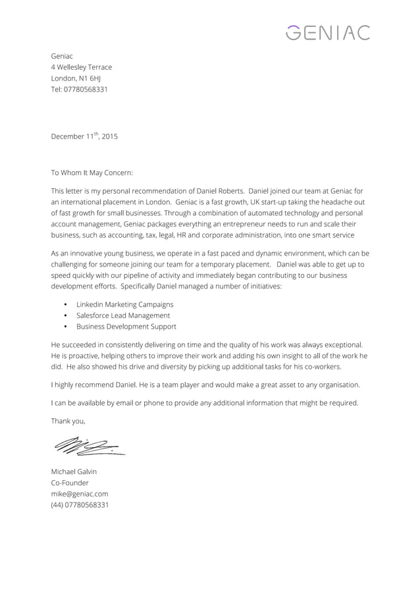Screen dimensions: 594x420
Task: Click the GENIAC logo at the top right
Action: pyautogui.click(x=329, y=32)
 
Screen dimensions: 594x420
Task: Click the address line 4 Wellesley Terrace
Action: pyautogui.click(x=82, y=67)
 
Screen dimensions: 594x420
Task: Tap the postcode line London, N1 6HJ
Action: pyautogui.click(x=76, y=78)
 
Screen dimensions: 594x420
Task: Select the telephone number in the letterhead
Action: pyautogui.click(x=79, y=90)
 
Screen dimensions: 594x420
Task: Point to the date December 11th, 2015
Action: pyautogui.click(x=84, y=137)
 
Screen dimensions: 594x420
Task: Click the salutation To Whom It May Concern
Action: pyautogui.click(x=92, y=173)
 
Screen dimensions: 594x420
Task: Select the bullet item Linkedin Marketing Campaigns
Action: pyautogui.click(x=125, y=304)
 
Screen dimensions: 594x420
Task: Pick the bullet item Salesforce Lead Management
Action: pyautogui.click(x=123, y=315)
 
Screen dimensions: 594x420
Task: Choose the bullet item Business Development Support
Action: pyautogui.click(x=126, y=327)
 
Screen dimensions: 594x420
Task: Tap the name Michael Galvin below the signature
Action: pyautogui.click(x=74, y=472)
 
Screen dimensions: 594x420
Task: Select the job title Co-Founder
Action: pyautogui.click(x=70, y=483)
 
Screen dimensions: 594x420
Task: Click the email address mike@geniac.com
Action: pyautogui.click(x=80, y=494)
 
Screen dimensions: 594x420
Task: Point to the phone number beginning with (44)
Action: pyautogui.click(x=80, y=505)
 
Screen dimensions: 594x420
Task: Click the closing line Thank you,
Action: pyautogui.click(x=68, y=421)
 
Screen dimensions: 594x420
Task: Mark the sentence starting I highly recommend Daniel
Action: pyautogui.click(x=205, y=385)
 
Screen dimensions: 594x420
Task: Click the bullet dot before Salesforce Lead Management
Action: pyautogui.click(x=65, y=315)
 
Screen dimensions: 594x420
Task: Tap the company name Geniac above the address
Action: pyautogui.click(x=62, y=56)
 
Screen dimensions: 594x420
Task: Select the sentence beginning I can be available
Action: pyautogui.click(x=205, y=403)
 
